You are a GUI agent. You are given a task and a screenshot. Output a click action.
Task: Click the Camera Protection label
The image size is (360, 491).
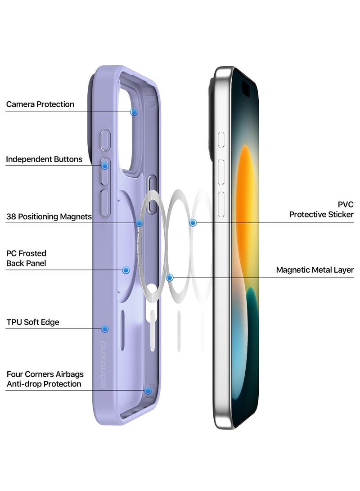tap(40, 104)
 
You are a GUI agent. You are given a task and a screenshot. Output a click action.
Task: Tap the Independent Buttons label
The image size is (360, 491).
tap(44, 159)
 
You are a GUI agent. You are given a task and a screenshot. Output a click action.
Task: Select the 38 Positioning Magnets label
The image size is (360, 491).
tap(49, 217)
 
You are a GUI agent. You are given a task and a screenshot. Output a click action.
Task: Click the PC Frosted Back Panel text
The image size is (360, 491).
tap(26, 258)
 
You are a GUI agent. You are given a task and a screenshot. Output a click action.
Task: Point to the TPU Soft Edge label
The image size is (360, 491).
tap(33, 322)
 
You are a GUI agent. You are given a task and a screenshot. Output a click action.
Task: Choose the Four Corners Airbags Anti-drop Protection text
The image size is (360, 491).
tap(45, 379)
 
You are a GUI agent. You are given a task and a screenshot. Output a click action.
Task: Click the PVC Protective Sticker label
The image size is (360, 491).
tap(321, 210)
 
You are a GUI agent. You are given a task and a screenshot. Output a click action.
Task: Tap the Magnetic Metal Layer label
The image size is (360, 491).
tap(315, 270)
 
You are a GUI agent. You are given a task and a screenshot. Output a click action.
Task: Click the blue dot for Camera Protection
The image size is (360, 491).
tap(134, 112)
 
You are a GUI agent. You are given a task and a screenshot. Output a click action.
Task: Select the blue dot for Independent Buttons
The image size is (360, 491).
tap(105, 166)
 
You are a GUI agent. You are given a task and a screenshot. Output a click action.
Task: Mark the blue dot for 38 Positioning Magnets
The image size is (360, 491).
tap(139, 223)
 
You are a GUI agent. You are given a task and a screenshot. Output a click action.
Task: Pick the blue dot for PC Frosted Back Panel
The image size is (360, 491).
tap(126, 270)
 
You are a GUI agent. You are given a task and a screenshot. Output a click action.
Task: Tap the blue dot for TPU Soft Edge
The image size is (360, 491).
tap(105, 329)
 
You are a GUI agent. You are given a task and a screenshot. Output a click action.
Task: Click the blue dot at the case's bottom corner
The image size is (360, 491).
tap(148, 390)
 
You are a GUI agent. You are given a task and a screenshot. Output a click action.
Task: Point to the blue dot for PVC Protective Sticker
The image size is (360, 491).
tap(193, 222)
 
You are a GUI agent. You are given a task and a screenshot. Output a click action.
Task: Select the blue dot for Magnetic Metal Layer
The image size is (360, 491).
tap(170, 278)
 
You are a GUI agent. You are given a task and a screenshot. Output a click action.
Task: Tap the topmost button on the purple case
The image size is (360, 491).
tap(105, 140)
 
